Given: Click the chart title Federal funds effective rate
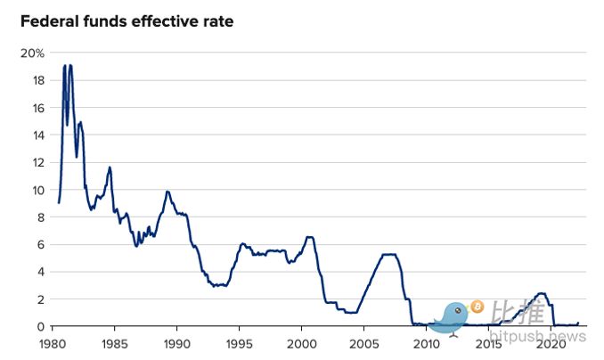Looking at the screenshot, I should pyautogui.click(x=127, y=20).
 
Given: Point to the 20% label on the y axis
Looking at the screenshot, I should pyautogui.click(x=32, y=53).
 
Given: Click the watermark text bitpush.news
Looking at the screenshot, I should pyautogui.click(x=538, y=336).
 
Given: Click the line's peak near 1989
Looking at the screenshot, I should pyautogui.click(x=167, y=192).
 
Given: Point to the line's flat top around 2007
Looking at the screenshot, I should pyautogui.click(x=388, y=255).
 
